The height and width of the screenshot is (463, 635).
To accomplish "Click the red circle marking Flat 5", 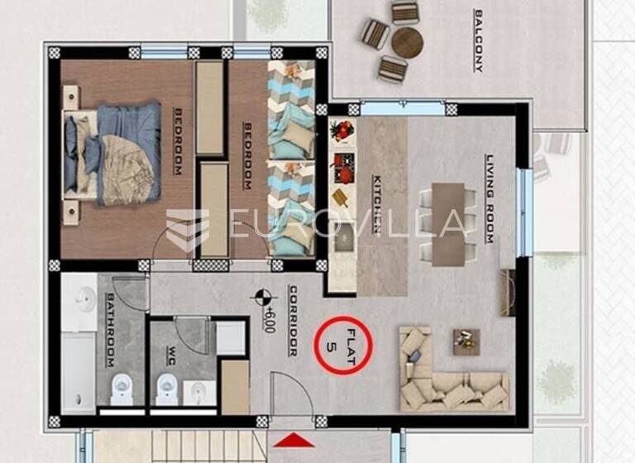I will coord(344,346).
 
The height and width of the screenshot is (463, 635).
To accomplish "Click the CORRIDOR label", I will coord(293,321).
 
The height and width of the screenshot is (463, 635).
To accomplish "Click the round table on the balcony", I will coord(407,43).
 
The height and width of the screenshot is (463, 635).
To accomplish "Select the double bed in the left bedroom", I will coord(116,153).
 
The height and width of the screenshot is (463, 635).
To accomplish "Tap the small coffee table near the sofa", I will coord(466,340).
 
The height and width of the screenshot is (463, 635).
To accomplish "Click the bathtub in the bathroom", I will coord(79,351).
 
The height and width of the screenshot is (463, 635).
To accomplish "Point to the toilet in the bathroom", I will coord(122,387).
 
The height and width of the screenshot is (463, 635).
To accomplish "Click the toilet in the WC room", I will coord(167,387).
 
